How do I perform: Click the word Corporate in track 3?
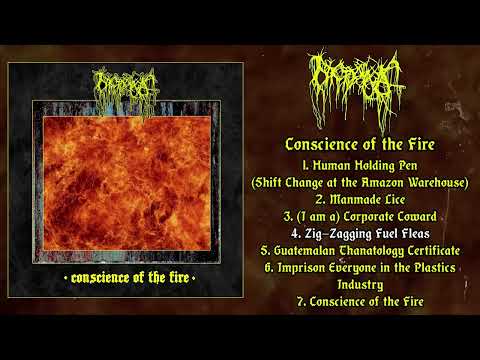(361, 216)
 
